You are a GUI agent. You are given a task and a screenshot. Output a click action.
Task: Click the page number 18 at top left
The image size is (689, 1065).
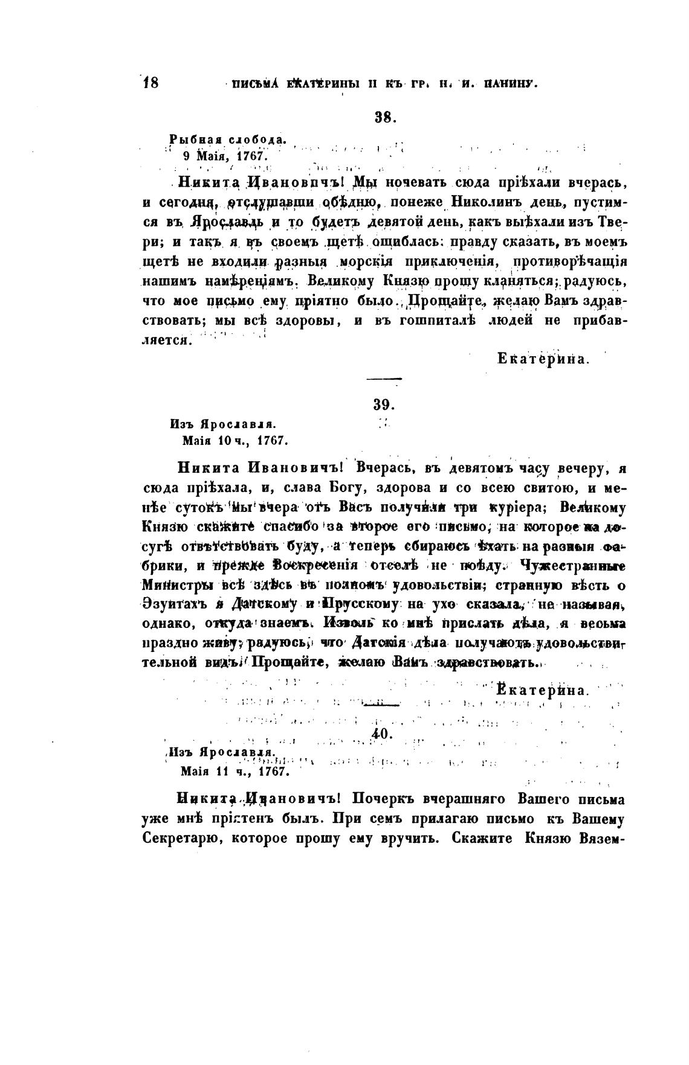coord(150,82)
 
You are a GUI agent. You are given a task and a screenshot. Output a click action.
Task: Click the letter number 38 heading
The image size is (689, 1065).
coord(384,118)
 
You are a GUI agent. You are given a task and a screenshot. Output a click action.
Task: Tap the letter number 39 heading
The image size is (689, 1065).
coord(384,405)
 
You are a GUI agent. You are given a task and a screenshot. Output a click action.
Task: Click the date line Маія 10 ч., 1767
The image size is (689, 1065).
coord(234,441)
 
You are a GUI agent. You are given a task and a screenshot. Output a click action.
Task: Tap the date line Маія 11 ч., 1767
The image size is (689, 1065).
coord(234,771)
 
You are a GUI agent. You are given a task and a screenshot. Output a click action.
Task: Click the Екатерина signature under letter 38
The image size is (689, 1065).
coord(542,359)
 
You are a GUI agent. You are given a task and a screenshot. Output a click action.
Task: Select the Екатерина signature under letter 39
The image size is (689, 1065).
coord(542,690)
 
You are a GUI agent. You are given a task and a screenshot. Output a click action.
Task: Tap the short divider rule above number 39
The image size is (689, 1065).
coord(384,379)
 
